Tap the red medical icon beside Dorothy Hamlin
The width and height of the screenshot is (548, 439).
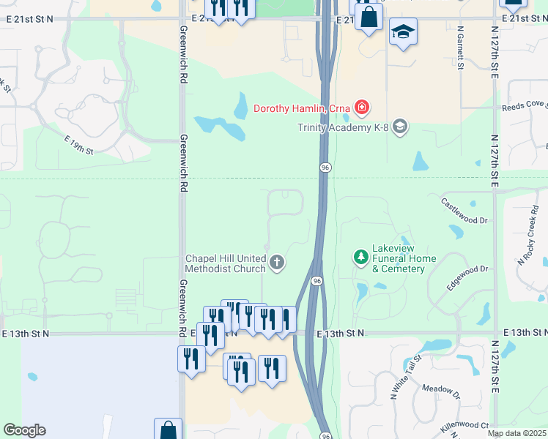tap(361, 108)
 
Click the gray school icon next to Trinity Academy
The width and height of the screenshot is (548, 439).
tap(399, 127)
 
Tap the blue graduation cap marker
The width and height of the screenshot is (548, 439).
tap(402, 32)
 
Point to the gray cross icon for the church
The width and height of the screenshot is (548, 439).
tap(277, 262)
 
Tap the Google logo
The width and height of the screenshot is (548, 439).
tap(24, 430)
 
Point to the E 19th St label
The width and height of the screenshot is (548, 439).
tap(79, 145)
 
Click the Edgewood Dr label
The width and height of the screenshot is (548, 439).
tap(468, 279)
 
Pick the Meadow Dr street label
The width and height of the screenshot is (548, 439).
tap(440, 390)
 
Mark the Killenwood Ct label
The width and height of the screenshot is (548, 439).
tap(465, 424)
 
